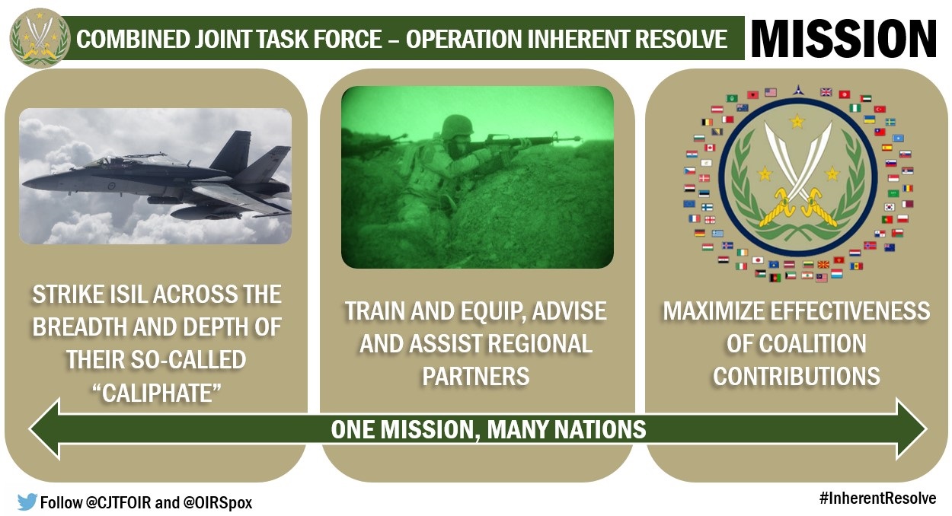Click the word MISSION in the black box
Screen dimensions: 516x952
pyautogui.click(x=844, y=38)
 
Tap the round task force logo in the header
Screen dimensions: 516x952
pyautogui.click(x=40, y=38)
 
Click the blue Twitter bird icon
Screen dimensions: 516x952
pyautogui.click(x=27, y=502)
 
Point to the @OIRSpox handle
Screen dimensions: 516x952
pyautogui.click(x=218, y=503)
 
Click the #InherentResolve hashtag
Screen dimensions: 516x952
pyautogui.click(x=877, y=498)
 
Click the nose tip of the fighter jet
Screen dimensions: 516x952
pyautogui.click(x=25, y=183)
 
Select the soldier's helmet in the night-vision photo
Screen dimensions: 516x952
pyautogui.click(x=457, y=126)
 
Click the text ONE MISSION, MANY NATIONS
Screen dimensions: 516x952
pyautogui.click(x=488, y=429)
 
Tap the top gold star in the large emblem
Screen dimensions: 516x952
pyautogui.click(x=797, y=121)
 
